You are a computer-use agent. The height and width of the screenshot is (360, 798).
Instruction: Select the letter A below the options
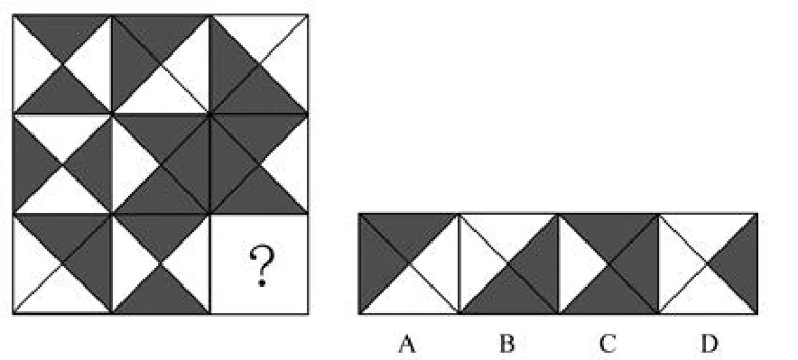[407, 345]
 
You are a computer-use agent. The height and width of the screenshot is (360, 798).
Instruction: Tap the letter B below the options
[507, 345]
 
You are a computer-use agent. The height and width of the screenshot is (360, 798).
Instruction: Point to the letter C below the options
[608, 345]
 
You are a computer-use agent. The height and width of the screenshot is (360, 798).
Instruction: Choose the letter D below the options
[709, 345]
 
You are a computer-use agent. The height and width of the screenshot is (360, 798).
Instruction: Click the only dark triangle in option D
[739, 263]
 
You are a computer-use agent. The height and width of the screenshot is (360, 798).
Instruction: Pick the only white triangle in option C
[576, 263]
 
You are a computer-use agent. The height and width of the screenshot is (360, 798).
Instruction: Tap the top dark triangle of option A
[408, 231]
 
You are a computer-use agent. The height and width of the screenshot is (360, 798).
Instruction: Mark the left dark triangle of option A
[376, 263]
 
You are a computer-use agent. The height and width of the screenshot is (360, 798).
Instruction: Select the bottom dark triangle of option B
[508, 296]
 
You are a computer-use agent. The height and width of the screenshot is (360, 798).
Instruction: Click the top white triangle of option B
[508, 231]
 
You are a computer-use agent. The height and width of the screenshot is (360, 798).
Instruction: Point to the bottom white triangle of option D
[708, 296]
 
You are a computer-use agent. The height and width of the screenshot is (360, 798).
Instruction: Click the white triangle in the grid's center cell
[128, 162]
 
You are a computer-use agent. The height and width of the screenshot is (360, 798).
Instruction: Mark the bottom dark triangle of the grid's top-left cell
[62, 96]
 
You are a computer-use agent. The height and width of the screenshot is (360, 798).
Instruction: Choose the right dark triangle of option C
[641, 263]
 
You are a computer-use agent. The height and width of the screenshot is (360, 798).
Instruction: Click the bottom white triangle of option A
[408, 296]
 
